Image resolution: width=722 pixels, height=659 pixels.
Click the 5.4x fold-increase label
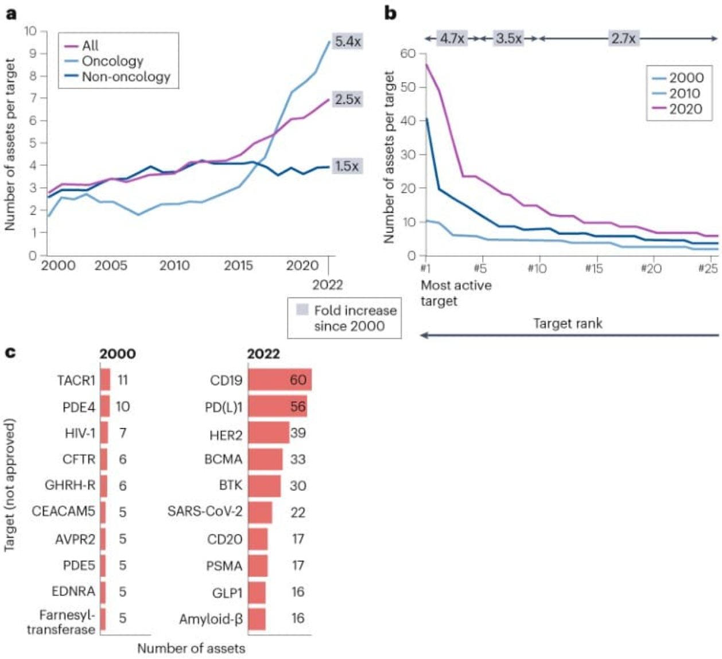coord(347,41)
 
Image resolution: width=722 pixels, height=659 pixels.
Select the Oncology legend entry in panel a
coord(112,61)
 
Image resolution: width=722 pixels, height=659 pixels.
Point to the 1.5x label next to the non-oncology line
coord(347,166)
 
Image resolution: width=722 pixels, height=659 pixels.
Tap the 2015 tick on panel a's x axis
coord(238,265)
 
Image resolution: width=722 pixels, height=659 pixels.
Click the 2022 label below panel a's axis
coord(327,285)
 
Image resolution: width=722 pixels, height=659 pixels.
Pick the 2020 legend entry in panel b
coord(685,109)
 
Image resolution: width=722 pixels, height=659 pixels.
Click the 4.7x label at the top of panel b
coord(452,38)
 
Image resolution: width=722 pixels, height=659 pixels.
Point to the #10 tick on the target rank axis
coord(537,268)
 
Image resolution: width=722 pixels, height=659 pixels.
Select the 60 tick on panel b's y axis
coord(407,53)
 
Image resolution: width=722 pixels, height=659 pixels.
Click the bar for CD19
coord(280,380)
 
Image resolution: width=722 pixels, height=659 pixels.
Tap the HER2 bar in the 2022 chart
coord(269,433)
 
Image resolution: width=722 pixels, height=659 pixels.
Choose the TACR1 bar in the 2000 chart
coord(105,380)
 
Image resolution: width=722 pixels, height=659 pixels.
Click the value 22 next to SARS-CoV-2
coord(297,512)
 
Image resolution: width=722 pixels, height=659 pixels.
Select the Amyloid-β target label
coord(211,619)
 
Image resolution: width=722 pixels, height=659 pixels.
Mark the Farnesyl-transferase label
coord(61,622)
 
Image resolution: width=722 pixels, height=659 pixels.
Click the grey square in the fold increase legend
coord(302,310)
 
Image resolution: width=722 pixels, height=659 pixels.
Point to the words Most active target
coord(456,293)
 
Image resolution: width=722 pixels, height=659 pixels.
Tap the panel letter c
coord(10,352)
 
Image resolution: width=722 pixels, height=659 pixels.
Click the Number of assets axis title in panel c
coord(191,648)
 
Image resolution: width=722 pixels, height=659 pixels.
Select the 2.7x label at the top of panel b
coord(623,38)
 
